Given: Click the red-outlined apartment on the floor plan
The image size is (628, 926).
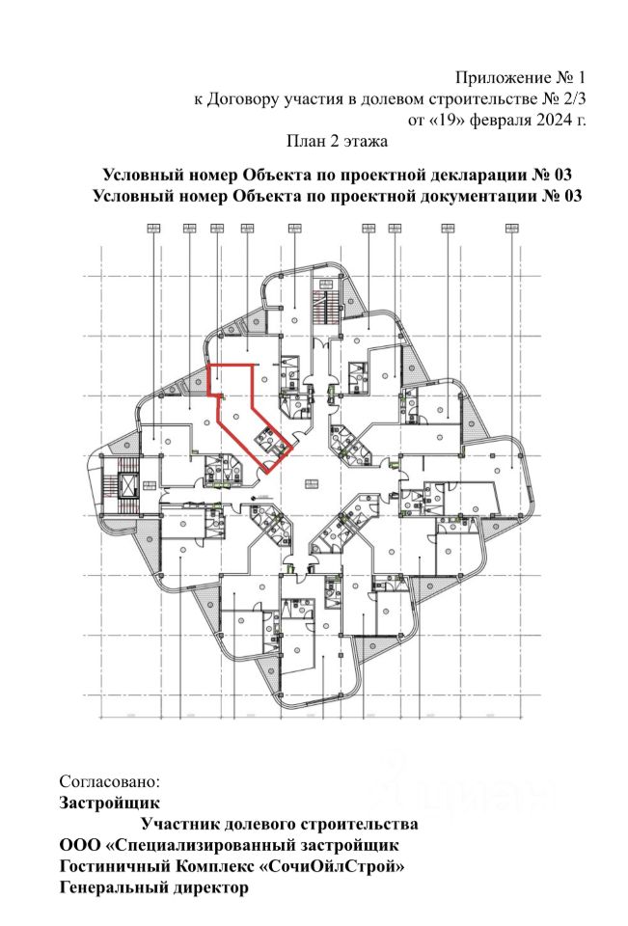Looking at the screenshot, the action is pos(241,410).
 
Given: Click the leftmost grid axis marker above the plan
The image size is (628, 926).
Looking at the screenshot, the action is pos(152,229).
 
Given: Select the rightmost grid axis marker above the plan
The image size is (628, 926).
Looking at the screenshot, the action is pos(511,229).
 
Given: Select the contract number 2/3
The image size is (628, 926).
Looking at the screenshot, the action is pos(572,98).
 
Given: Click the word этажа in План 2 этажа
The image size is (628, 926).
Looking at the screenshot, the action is pos(365,143).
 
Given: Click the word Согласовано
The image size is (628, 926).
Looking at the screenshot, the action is pos(107,779).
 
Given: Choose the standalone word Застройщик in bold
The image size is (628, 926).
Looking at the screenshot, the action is pos(109,802).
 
